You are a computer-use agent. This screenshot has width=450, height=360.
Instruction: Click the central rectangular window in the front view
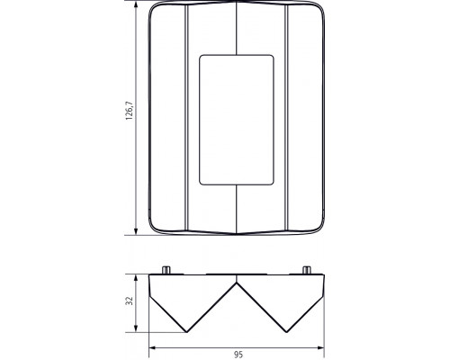click(x=234, y=120)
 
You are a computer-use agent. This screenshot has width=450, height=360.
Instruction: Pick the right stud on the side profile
click(x=305, y=270)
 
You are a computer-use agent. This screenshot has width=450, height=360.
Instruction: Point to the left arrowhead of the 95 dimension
click(x=151, y=346)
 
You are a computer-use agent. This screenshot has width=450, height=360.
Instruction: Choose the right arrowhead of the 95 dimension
click(x=320, y=346)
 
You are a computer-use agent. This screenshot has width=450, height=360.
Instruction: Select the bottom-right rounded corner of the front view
click(x=317, y=228)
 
